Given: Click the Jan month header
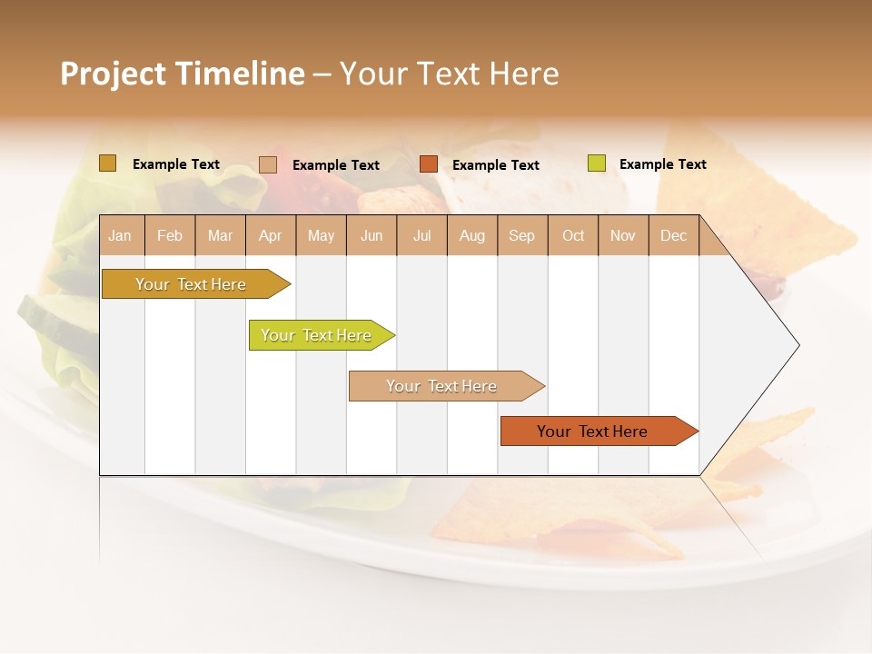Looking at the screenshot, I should tap(121, 235).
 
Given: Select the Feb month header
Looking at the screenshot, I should tap(170, 235).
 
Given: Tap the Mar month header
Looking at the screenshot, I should tap(220, 235).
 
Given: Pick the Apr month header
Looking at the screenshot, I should tap(271, 235).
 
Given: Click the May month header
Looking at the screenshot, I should tap(321, 235).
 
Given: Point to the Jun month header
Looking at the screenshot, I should tap(372, 235).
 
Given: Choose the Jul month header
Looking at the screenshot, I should tap(422, 235).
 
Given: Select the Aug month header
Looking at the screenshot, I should tap(472, 235).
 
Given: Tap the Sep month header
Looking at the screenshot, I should tap(522, 235).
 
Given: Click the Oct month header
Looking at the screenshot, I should tap(573, 235).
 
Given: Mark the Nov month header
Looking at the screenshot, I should tap(623, 235).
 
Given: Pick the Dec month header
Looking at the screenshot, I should tap(674, 235).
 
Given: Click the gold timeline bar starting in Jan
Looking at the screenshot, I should tap(192, 284).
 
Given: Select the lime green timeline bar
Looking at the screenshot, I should tap(317, 335).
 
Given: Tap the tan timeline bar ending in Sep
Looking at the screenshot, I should tap(442, 386).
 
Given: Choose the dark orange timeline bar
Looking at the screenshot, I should tap(593, 431).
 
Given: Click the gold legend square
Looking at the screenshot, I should tap(108, 163).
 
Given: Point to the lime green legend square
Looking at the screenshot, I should tap(596, 163).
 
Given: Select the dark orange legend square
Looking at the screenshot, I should tap(429, 163).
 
